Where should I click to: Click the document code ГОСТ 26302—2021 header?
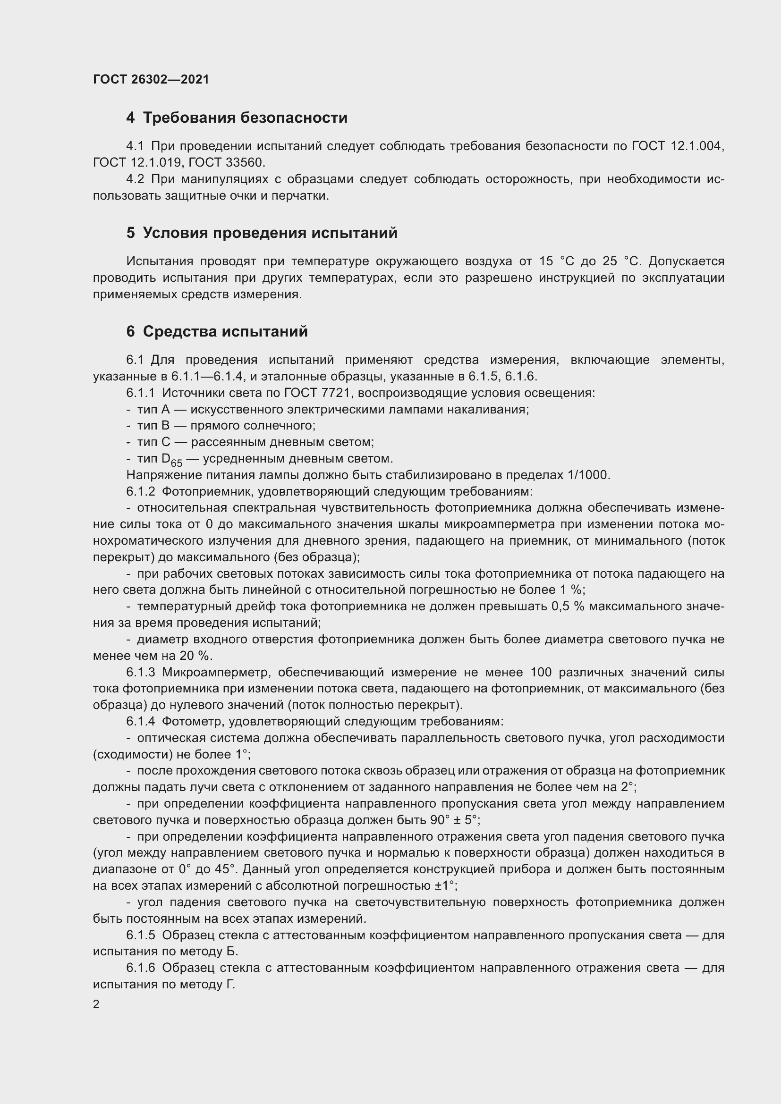click(x=151, y=79)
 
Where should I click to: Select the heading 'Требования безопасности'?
click(x=245, y=118)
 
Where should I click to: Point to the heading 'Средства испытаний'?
click(x=225, y=332)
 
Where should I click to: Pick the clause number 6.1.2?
click(x=140, y=491)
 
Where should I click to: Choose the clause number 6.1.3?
click(x=140, y=672)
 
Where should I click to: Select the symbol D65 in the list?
click(x=172, y=460)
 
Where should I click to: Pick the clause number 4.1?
click(x=135, y=146)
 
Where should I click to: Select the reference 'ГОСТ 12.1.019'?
click(x=136, y=162)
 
